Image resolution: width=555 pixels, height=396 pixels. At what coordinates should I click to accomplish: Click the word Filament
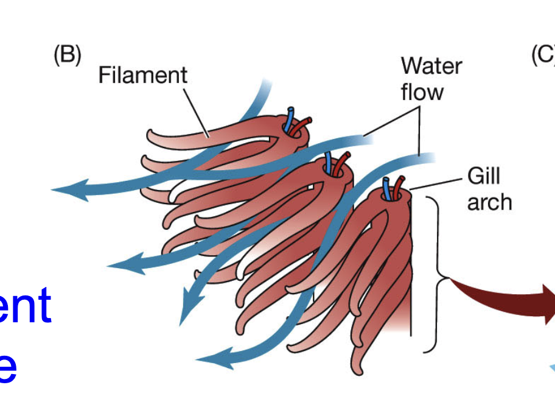[142, 76]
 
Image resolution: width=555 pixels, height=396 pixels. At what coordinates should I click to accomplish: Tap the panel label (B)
[67, 56]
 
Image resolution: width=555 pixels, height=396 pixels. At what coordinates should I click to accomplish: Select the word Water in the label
[431, 66]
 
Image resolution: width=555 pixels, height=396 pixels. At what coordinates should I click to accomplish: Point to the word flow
[422, 92]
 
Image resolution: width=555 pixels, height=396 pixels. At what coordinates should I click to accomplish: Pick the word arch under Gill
[489, 202]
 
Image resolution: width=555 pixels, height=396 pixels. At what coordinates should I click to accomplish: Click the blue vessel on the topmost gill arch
[291, 118]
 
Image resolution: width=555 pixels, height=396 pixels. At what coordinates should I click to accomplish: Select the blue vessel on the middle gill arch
[329, 161]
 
